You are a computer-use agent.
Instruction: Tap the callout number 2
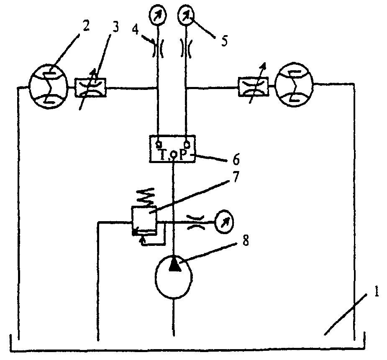pyautogui.click(x=86, y=26)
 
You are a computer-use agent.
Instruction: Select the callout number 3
pyautogui.click(x=115, y=27)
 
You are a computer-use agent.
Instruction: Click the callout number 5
pyautogui.click(x=224, y=41)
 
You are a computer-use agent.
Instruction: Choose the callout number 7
pyautogui.click(x=236, y=177)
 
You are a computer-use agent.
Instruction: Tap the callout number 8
pyautogui.click(x=245, y=240)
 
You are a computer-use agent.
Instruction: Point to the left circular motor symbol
pyautogui.click(x=48, y=86)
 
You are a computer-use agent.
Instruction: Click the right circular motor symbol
pyautogui.click(x=294, y=85)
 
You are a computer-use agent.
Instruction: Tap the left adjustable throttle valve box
pyautogui.click(x=90, y=87)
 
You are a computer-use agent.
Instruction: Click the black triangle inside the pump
pyautogui.click(x=175, y=264)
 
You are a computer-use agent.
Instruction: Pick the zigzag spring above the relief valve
pyautogui.click(x=145, y=197)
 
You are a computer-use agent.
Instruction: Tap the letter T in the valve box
pyautogui.click(x=164, y=155)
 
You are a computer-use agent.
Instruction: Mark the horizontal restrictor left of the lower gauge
pyautogui.click(x=195, y=222)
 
